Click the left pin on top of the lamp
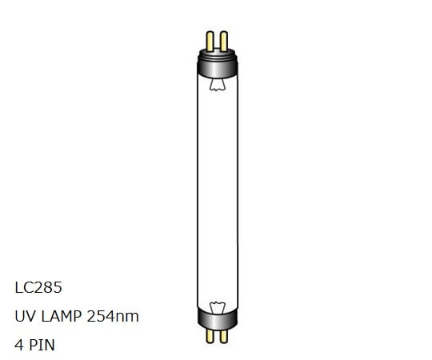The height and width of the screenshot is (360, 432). pos(210,38)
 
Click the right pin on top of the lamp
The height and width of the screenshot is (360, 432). pos(224,38)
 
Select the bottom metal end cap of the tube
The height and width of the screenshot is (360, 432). pos(217,319)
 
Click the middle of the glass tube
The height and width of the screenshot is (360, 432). pos(217,192)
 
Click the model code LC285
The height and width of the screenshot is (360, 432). pos(38,287)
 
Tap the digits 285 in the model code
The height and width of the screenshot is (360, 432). pos(47,287)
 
